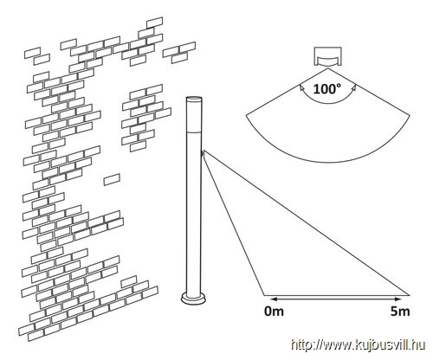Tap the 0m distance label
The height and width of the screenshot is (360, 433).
tap(274, 312)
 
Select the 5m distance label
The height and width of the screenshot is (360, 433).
tap(400, 312)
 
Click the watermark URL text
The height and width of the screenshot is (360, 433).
tap(358, 345)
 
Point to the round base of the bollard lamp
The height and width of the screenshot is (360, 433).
tap(193, 299)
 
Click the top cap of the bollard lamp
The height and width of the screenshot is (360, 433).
tap(193, 99)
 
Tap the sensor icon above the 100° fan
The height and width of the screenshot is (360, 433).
tap(327, 56)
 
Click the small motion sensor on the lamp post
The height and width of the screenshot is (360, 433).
tap(203, 155)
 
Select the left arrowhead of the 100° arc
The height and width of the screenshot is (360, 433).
tap(301, 87)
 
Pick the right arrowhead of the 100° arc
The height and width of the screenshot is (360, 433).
tap(354, 87)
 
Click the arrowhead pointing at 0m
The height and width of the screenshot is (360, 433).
tap(268, 299)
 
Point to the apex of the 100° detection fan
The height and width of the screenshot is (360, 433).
tap(327, 68)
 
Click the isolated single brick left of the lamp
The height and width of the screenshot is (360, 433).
tap(112, 179)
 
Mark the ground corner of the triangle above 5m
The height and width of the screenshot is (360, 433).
tap(409, 295)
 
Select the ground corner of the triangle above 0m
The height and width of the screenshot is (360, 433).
tap(264, 295)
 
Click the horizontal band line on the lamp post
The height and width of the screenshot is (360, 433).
tap(193, 132)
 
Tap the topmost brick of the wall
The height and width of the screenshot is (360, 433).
tap(154, 22)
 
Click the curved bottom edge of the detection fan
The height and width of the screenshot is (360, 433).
tap(327, 162)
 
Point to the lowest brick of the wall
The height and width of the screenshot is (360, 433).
tap(36, 335)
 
